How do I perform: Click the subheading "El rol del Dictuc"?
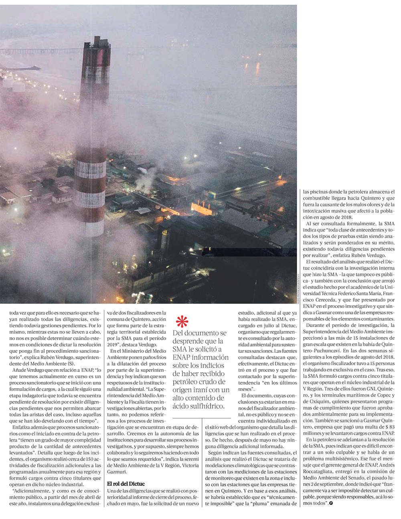[126, 484]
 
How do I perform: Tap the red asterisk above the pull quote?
[182, 322]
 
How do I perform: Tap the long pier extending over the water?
[40, 51]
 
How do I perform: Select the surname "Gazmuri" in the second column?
[117, 472]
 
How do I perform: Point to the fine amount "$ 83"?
[389, 428]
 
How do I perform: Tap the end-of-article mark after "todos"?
[331, 503]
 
